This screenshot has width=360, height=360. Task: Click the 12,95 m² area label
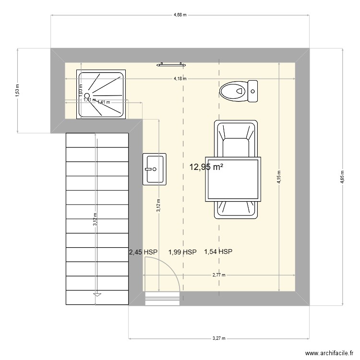207,167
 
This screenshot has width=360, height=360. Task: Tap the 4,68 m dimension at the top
180,15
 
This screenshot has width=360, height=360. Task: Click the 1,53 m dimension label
17,90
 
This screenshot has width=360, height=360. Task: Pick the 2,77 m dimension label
219,275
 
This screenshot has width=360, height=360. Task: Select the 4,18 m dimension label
180,79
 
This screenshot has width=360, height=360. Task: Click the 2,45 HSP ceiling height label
143,252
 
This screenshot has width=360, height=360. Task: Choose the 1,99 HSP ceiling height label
182,252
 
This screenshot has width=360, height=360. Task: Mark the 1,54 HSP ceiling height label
218,252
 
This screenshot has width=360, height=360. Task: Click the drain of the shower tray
87,95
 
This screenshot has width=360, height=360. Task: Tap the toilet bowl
232,91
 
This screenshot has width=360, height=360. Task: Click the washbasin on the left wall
154,169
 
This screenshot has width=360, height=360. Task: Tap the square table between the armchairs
234,179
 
